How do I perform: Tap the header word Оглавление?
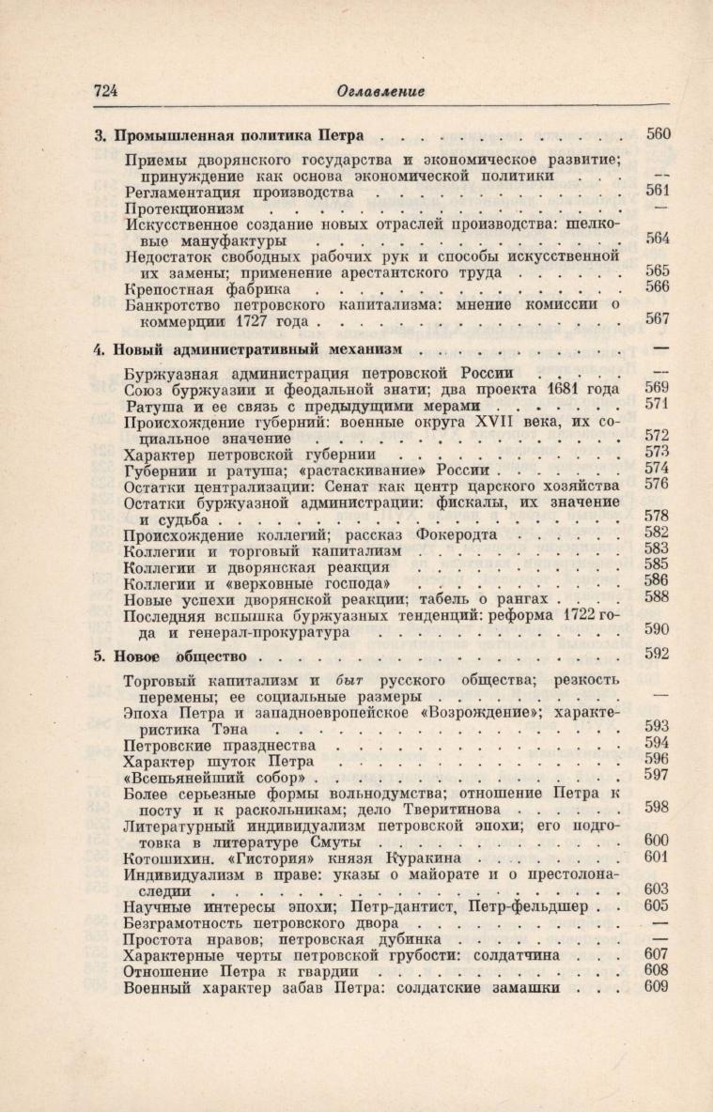click(380, 91)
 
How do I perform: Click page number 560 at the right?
click(658, 133)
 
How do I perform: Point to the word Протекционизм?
click(183, 208)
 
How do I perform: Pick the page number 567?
click(658, 319)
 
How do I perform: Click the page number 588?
click(658, 596)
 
